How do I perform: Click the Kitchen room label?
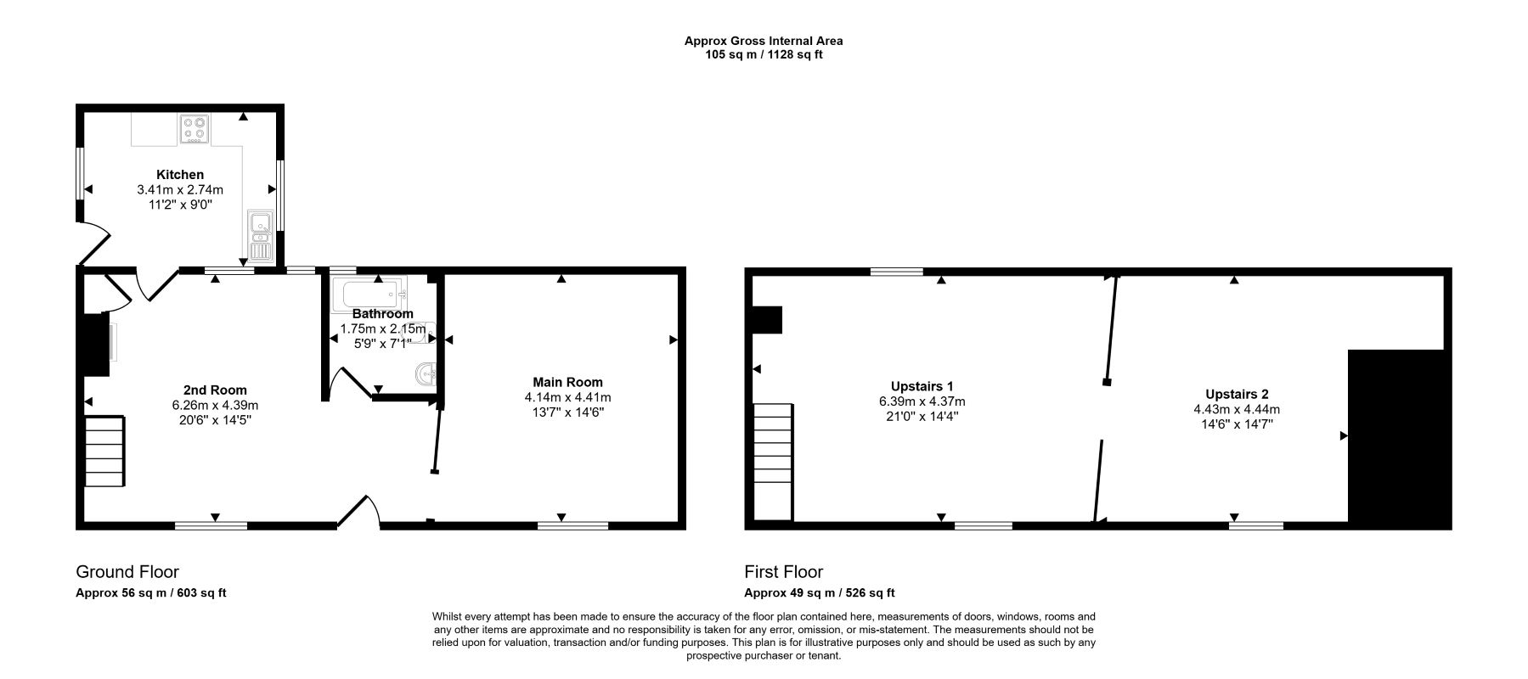tap(179, 175)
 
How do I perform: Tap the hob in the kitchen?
tap(195, 128)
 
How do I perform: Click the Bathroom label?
tap(382, 314)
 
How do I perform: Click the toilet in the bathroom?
tap(426, 373)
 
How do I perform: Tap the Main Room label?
tap(567, 382)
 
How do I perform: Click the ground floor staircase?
tap(104, 451)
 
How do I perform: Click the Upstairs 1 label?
tap(922, 386)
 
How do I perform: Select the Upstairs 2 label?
tap(1236, 394)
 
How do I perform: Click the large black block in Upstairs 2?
tap(1398, 437)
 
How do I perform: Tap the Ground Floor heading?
tap(127, 572)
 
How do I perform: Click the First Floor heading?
tap(783, 572)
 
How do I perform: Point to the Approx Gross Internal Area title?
tap(764, 40)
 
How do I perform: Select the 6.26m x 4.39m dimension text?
tap(215, 405)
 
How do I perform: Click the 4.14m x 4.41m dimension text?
tap(567, 397)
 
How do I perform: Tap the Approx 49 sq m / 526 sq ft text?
tap(819, 593)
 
